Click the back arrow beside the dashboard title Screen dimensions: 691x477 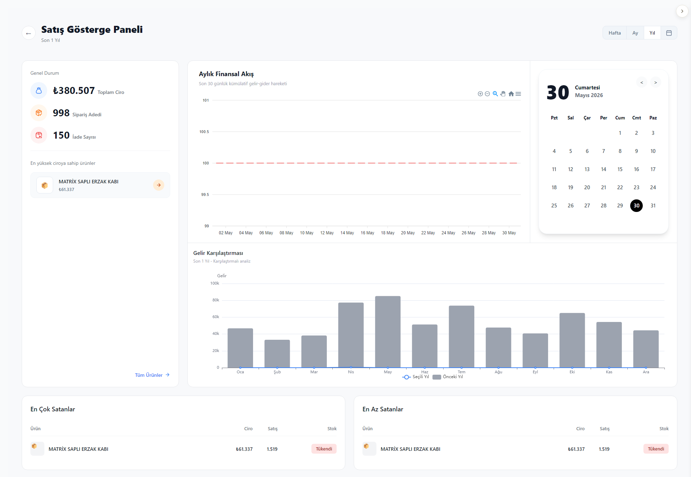[x=29, y=33]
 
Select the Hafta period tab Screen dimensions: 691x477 [x=614, y=33]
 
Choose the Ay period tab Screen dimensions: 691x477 [x=635, y=33]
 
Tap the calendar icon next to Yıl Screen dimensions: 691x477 [x=669, y=33]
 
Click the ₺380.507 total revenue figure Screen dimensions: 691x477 [x=74, y=91]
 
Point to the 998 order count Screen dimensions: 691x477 [x=61, y=113]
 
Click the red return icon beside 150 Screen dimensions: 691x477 [x=39, y=135]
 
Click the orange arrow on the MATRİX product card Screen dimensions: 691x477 [x=159, y=185]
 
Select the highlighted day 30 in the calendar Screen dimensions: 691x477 [x=636, y=206]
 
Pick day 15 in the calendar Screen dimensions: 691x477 [x=620, y=169]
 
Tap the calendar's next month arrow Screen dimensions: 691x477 [x=656, y=83]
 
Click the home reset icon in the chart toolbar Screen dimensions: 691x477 [x=511, y=94]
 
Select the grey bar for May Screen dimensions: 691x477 [x=388, y=332]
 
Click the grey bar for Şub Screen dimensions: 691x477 [x=277, y=354]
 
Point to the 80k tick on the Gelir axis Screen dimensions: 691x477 [x=216, y=300]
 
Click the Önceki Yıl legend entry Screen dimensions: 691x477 [x=448, y=377]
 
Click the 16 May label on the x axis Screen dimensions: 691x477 [x=367, y=233]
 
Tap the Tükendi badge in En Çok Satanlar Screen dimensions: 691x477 [x=324, y=449]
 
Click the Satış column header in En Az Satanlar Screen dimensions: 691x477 [x=605, y=429]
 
